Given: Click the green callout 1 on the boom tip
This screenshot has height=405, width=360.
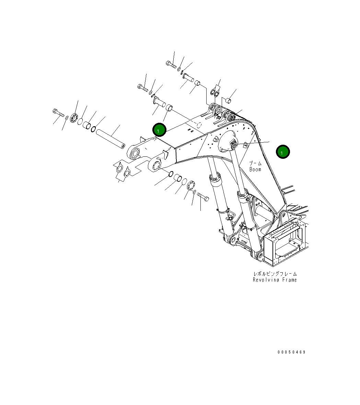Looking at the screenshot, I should tap(159, 130).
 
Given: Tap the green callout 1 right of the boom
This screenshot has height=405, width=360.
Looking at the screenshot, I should tap(282, 152).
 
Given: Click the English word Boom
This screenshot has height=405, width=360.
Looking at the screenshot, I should tap(255, 169).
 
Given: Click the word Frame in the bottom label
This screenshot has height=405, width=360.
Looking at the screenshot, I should tap(290, 280).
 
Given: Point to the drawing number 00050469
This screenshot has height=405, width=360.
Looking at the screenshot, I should tap(291, 352).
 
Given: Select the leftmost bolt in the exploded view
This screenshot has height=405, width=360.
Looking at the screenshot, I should tap(58, 112).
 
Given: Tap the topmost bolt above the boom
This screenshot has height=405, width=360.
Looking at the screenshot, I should tap(171, 64).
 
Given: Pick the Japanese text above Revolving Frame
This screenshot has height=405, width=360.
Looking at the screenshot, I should tap(275, 274).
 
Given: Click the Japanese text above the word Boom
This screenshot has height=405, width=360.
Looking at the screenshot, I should tap(255, 164).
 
